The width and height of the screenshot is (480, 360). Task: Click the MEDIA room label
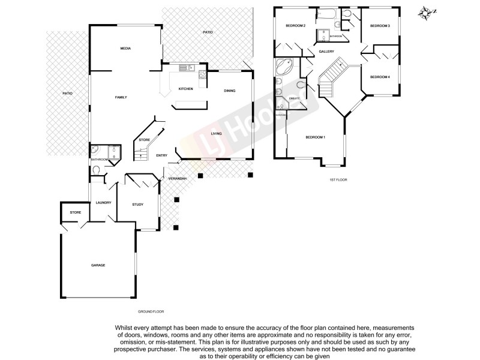pos(125,49)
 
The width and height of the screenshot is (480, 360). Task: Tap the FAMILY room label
pos(121,97)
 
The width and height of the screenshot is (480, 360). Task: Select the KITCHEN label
pos(185,89)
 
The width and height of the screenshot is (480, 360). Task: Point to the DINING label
pos(229,91)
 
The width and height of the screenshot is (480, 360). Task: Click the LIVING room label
pos(217,134)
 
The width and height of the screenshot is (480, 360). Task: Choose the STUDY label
pos(137,205)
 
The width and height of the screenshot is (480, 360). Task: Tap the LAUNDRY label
pos(103,203)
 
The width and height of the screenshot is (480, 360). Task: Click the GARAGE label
pos(98,265)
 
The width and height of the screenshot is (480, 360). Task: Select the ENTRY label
pos(161,155)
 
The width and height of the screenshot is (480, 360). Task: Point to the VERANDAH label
pos(178,179)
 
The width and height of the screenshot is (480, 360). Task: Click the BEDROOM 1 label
pos(315,138)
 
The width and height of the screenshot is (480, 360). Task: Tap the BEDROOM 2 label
pos(296,26)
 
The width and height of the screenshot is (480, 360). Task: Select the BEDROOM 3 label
pos(380,26)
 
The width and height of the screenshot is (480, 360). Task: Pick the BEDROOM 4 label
pos(380,77)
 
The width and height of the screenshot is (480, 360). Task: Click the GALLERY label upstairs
pos(326,52)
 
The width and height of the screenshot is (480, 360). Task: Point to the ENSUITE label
pos(294,98)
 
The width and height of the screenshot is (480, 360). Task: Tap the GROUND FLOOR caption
pos(151,312)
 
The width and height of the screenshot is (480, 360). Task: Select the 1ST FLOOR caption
pos(338,180)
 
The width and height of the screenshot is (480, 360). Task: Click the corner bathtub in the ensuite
pos(283,67)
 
